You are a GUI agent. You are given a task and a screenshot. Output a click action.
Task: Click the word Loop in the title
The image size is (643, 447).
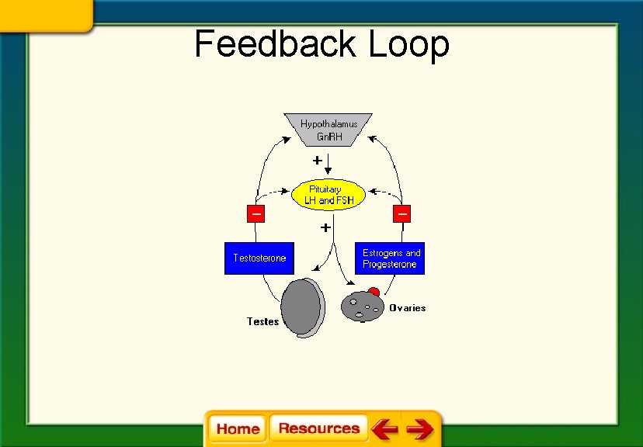pyautogui.click(x=408, y=44)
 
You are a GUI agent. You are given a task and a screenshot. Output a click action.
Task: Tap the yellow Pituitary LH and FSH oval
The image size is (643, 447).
pyautogui.click(x=328, y=195)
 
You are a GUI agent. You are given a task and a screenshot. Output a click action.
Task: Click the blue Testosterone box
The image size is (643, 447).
pyautogui.click(x=259, y=258)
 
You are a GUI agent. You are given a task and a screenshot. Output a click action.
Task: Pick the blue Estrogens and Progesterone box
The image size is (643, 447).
pyautogui.click(x=390, y=258)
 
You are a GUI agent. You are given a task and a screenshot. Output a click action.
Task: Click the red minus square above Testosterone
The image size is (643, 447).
pyautogui.click(x=255, y=213)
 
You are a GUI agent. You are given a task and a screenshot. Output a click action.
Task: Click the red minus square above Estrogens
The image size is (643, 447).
pyautogui.click(x=402, y=213)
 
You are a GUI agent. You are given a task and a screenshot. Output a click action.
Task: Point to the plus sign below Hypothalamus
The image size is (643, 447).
pyautogui.click(x=317, y=161)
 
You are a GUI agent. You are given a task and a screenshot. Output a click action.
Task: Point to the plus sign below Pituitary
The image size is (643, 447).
pyautogui.click(x=325, y=228)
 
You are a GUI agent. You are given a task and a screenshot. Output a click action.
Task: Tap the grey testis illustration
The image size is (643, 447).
pyautogui.click(x=301, y=308)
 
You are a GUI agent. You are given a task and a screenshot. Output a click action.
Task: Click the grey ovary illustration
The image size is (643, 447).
pyautogui.click(x=362, y=306)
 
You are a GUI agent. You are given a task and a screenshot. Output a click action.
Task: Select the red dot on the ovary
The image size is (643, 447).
pyautogui.click(x=374, y=292)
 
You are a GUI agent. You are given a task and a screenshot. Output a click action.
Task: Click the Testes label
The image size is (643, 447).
pyautogui.click(x=262, y=321)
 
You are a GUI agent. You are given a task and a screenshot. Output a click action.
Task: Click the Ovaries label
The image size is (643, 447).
pyautogui.click(x=408, y=308)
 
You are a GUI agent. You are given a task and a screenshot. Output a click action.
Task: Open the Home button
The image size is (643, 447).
pyautogui.click(x=238, y=428)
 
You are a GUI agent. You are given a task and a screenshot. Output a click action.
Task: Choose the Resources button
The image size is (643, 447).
pyautogui.click(x=318, y=428)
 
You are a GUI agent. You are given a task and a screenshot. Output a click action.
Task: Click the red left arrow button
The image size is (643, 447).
pyautogui.click(x=384, y=428)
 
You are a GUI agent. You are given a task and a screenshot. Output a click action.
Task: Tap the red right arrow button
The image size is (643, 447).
pyautogui.click(x=420, y=428)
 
